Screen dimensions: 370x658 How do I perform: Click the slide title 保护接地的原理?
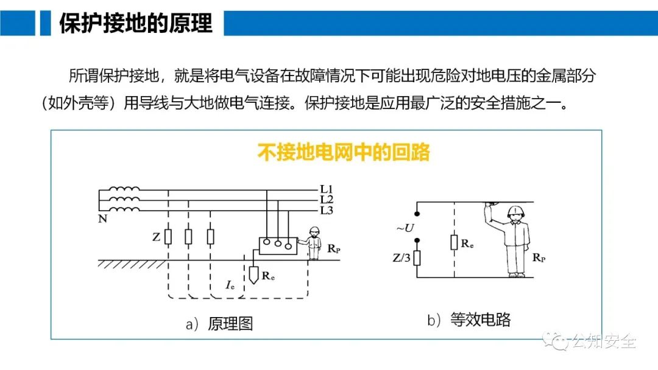(x=135, y=23)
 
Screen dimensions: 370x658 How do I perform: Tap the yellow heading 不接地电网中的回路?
(x=344, y=152)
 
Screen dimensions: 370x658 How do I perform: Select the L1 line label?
(x=327, y=189)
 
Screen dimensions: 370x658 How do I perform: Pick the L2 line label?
(x=327, y=199)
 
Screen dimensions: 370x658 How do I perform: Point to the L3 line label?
(x=327, y=210)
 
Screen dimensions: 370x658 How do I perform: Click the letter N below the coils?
(x=102, y=219)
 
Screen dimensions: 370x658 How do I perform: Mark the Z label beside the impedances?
(x=157, y=237)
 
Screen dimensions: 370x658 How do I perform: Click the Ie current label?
(x=230, y=284)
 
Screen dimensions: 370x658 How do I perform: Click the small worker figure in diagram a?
(x=314, y=243)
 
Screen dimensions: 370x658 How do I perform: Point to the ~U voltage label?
(x=405, y=228)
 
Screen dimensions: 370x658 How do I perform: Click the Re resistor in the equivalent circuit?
(x=455, y=242)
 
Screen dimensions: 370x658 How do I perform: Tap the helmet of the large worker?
(x=517, y=211)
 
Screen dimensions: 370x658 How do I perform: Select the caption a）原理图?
(x=219, y=324)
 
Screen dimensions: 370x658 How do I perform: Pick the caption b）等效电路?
(x=468, y=320)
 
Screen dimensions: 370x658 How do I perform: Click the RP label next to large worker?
(x=539, y=257)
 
